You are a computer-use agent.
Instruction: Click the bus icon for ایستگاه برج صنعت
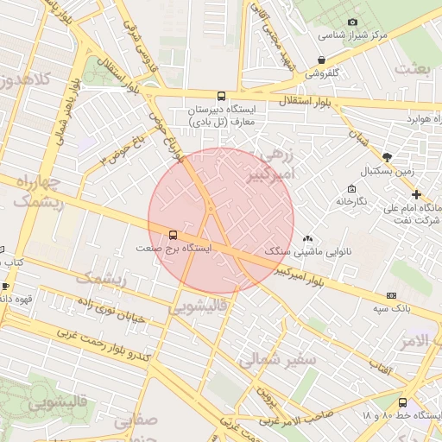174,234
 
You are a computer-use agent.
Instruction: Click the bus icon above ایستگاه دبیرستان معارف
222,97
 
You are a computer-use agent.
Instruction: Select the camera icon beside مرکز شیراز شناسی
352,22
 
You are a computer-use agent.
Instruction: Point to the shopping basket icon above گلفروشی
322,60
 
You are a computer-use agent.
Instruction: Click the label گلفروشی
324,73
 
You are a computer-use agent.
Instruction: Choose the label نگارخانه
351,200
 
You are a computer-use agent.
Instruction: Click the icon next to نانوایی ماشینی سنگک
308,238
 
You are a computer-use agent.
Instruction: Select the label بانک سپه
392,306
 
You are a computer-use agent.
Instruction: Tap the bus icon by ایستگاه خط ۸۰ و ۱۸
402,402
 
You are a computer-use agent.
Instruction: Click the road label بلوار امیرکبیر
320,278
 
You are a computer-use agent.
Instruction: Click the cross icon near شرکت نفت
416,194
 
